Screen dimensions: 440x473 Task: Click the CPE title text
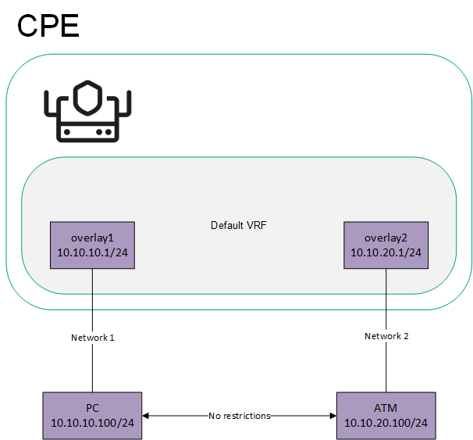coord(48,25)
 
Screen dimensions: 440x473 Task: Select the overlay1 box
coord(92,245)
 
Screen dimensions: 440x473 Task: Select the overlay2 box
coord(387,245)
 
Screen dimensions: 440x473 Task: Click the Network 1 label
coord(93,338)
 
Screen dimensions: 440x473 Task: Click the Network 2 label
coord(386,336)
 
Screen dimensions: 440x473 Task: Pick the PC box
coord(92,416)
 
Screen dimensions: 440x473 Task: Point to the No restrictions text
coord(240,416)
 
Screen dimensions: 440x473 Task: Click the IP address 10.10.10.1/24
coord(92,252)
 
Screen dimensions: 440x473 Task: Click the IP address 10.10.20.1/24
coord(387,252)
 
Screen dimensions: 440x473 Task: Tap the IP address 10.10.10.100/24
coord(92,423)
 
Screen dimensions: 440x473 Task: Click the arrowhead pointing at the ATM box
coord(332,416)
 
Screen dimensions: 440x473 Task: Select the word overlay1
coord(92,238)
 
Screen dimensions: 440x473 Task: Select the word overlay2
coord(387,238)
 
